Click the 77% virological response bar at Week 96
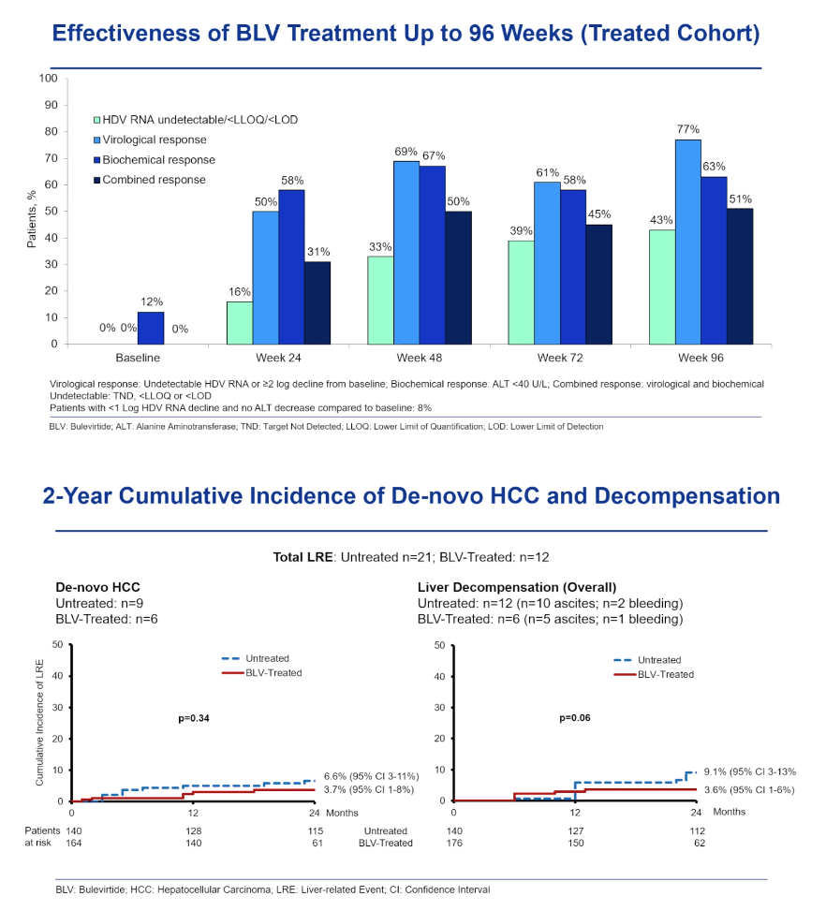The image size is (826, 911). click(x=687, y=242)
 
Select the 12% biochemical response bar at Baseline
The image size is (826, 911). click(x=151, y=328)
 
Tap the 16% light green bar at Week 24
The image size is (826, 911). click(x=240, y=322)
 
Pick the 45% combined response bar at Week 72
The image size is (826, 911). click(x=598, y=284)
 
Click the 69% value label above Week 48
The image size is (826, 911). click(x=406, y=152)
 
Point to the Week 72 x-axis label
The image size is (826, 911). click(x=560, y=358)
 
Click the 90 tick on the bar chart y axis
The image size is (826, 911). click(x=51, y=105)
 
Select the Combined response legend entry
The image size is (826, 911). click(x=150, y=180)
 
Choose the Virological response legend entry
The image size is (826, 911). click(x=150, y=140)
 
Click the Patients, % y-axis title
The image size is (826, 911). click(x=32, y=219)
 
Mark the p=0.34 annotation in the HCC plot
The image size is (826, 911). click(x=194, y=718)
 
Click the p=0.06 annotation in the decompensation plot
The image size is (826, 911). click(x=575, y=717)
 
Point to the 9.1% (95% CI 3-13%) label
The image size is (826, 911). click(x=750, y=771)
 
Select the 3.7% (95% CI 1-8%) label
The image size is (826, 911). click(x=369, y=789)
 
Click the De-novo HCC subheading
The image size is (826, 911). click(x=97, y=587)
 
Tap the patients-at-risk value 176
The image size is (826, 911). click(x=454, y=843)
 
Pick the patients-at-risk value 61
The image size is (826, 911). click(x=317, y=843)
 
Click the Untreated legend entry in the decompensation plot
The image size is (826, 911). click(x=647, y=660)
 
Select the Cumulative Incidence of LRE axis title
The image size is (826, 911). click(x=39, y=723)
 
